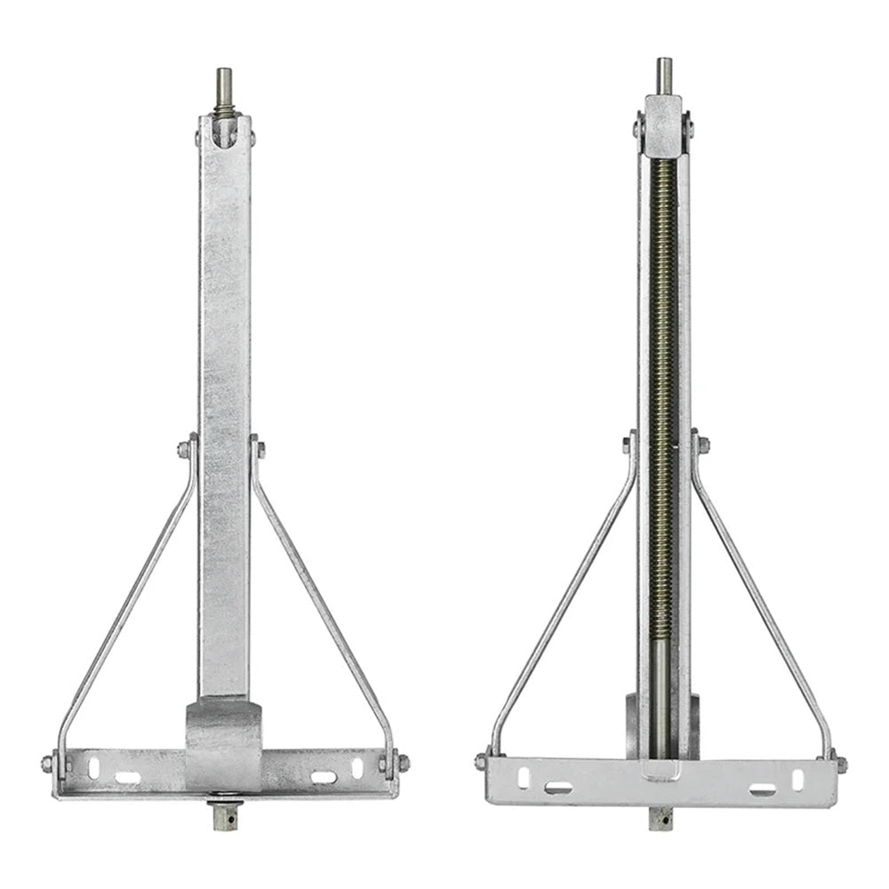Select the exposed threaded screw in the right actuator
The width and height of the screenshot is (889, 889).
coord(662,356)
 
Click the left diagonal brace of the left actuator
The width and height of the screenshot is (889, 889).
coord(124,605)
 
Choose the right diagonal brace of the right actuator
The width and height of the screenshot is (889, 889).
coord(763,605)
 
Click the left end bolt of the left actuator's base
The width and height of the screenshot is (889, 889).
coord(47,764)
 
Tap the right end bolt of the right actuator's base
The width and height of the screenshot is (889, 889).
coord(840,764)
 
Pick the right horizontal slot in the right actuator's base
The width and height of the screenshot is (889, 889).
coord(762,789)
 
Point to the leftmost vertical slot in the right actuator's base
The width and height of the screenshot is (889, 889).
coord(523,776)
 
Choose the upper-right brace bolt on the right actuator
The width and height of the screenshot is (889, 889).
coord(702,444)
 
